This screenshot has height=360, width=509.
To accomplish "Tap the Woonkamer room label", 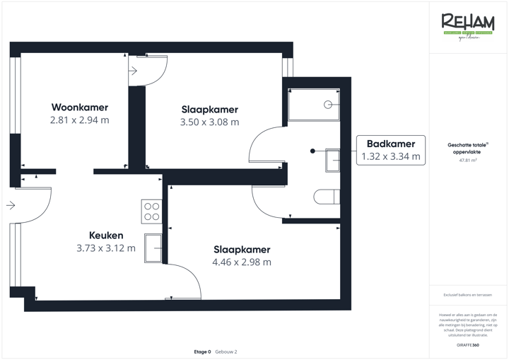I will pyautogui.click(x=79, y=108).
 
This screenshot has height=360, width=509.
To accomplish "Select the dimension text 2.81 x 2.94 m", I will pyautogui.click(x=79, y=120).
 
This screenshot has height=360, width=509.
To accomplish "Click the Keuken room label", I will pyautogui.click(x=106, y=236).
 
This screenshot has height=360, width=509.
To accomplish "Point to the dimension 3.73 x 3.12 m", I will pyautogui.click(x=106, y=248).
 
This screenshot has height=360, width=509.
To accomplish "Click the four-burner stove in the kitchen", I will pyautogui.click(x=151, y=211).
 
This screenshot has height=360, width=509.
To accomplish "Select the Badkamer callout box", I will pyautogui.click(x=390, y=150).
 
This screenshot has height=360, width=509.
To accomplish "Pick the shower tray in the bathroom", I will pyautogui.click(x=314, y=105).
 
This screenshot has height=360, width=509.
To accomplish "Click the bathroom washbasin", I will pyautogui.click(x=332, y=160).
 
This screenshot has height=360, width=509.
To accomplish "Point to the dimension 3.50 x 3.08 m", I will pyautogui.click(x=210, y=122).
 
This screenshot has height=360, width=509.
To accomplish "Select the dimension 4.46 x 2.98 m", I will pyautogui.click(x=242, y=262).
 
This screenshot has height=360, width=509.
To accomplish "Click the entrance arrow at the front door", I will pyautogui.click(x=10, y=206).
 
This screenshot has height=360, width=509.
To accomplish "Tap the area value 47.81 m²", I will pyautogui.click(x=467, y=161).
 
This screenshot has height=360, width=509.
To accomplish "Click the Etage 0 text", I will pyautogui.click(x=202, y=352).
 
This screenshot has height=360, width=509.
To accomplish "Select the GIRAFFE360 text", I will pyautogui.click(x=467, y=344).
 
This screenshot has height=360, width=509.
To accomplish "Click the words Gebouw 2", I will pyautogui.click(x=226, y=352).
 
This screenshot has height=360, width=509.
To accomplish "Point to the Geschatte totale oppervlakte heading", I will pyautogui.click(x=467, y=148).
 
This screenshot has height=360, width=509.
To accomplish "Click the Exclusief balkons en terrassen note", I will pyautogui.click(x=467, y=295).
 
